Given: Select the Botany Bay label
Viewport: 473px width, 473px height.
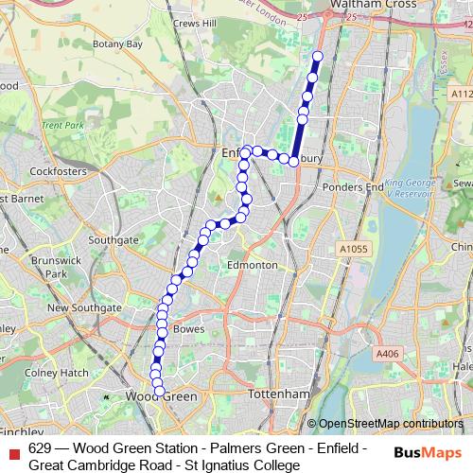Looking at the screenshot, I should point(121,44).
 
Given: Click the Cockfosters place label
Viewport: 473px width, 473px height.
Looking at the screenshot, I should point(57,171).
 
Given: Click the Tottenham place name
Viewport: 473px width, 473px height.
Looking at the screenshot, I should point(277,394).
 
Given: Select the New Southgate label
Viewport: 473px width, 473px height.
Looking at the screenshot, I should point(84,307).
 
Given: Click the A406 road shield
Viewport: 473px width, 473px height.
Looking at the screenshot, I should point(387,352).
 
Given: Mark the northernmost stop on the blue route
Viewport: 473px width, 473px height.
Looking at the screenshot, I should point(317,57).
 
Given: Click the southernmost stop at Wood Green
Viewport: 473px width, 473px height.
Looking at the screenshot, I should point(159,391).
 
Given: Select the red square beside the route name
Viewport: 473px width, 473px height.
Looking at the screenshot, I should point(13,448).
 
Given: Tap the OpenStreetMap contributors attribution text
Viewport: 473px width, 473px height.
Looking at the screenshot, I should point(389,424).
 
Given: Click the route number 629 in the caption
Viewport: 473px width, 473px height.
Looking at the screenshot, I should point(39,448).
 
